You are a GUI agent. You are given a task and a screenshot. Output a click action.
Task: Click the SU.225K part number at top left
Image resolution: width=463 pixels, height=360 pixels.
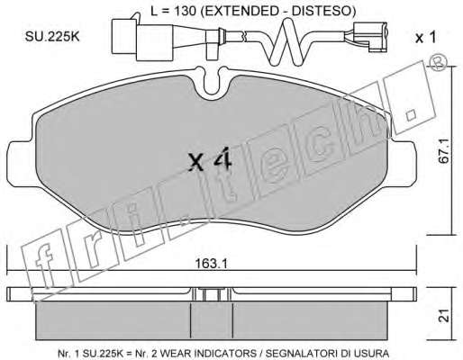pyautogui.click(x=52, y=37)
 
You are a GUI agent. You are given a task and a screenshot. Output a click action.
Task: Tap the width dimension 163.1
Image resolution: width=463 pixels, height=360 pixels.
pyautogui.click(x=212, y=264)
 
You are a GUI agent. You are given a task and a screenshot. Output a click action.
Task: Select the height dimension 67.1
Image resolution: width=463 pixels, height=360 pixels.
pyautogui.click(x=444, y=150)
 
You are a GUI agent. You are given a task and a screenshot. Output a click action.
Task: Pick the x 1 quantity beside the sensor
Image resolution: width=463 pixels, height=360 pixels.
pyautogui.click(x=425, y=38)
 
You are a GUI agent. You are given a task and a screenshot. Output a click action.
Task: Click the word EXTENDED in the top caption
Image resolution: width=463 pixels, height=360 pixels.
pyautogui.click(x=237, y=11)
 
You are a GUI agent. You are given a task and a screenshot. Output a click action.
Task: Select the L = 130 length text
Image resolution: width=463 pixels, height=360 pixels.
pyautogui.click(x=173, y=11)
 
